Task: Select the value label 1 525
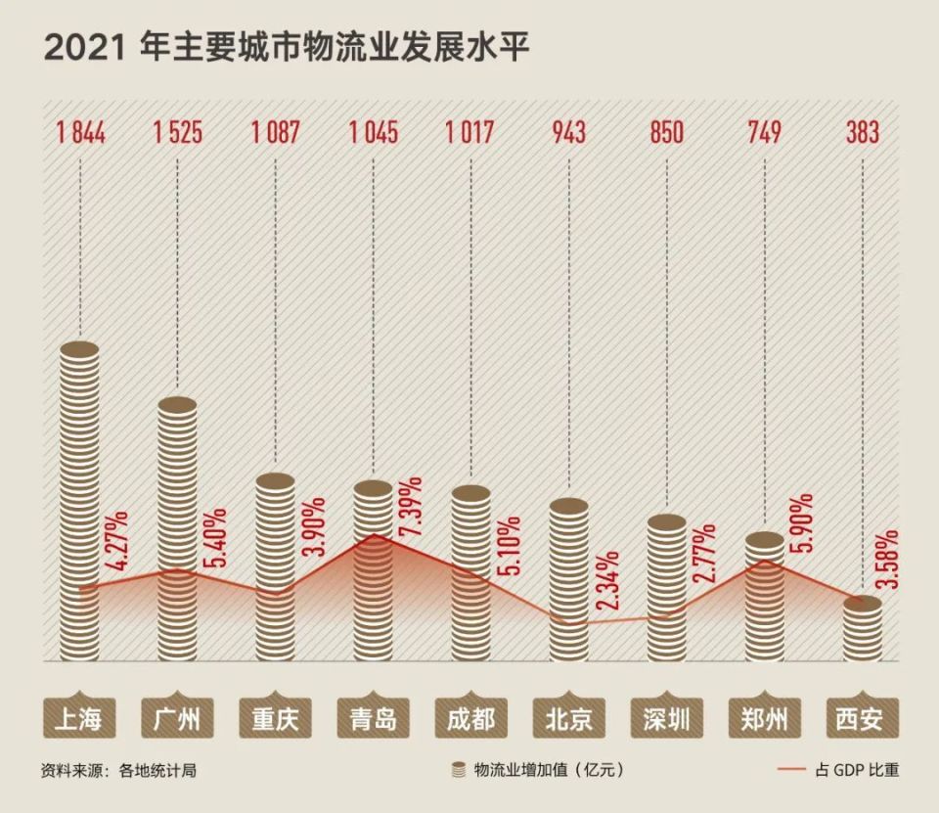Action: pyautogui.click(x=177, y=131)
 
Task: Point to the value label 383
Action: pyautogui.click(x=862, y=131)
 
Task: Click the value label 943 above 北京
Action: pyautogui.click(x=568, y=131)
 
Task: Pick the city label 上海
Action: pyautogui.click(x=79, y=720)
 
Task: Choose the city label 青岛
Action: pyautogui.click(x=373, y=720)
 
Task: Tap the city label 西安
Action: pyautogui.click(x=862, y=720)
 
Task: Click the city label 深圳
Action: pyautogui.click(x=666, y=720)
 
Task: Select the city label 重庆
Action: pyautogui.click(x=275, y=720)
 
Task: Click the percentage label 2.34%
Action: pyautogui.click(x=605, y=583)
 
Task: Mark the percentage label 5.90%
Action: pyautogui.click(x=801, y=523)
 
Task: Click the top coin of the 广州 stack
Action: pyautogui.click(x=177, y=405)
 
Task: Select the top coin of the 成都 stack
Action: pyautogui.click(x=470, y=493)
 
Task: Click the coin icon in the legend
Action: pyautogui.click(x=458, y=770)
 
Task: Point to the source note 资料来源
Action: pyautogui.click(x=118, y=770)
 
